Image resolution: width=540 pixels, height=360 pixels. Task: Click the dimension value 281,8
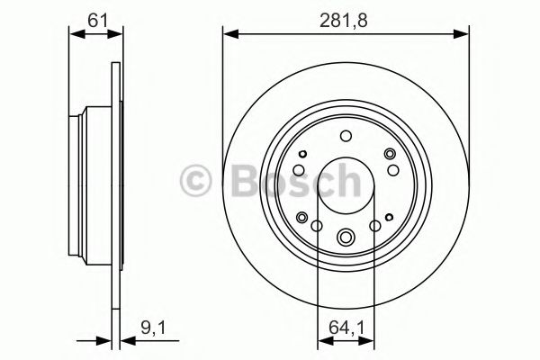[346, 18]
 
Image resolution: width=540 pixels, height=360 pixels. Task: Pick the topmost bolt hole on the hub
[346, 136]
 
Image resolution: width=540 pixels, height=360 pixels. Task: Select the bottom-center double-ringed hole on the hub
[346, 238]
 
